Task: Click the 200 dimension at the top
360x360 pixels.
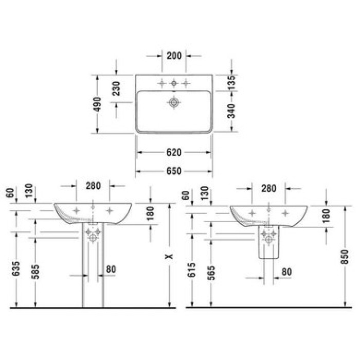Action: point(174,56)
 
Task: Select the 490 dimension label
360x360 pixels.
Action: point(98,104)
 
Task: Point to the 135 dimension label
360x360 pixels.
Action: point(231,82)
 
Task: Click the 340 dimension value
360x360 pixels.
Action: point(231,111)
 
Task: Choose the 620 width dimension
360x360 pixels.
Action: point(174,152)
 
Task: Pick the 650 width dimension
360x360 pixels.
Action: point(174,171)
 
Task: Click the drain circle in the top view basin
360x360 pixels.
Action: point(174,102)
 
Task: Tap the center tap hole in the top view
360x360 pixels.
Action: point(174,83)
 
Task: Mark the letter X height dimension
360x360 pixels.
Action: point(169,256)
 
